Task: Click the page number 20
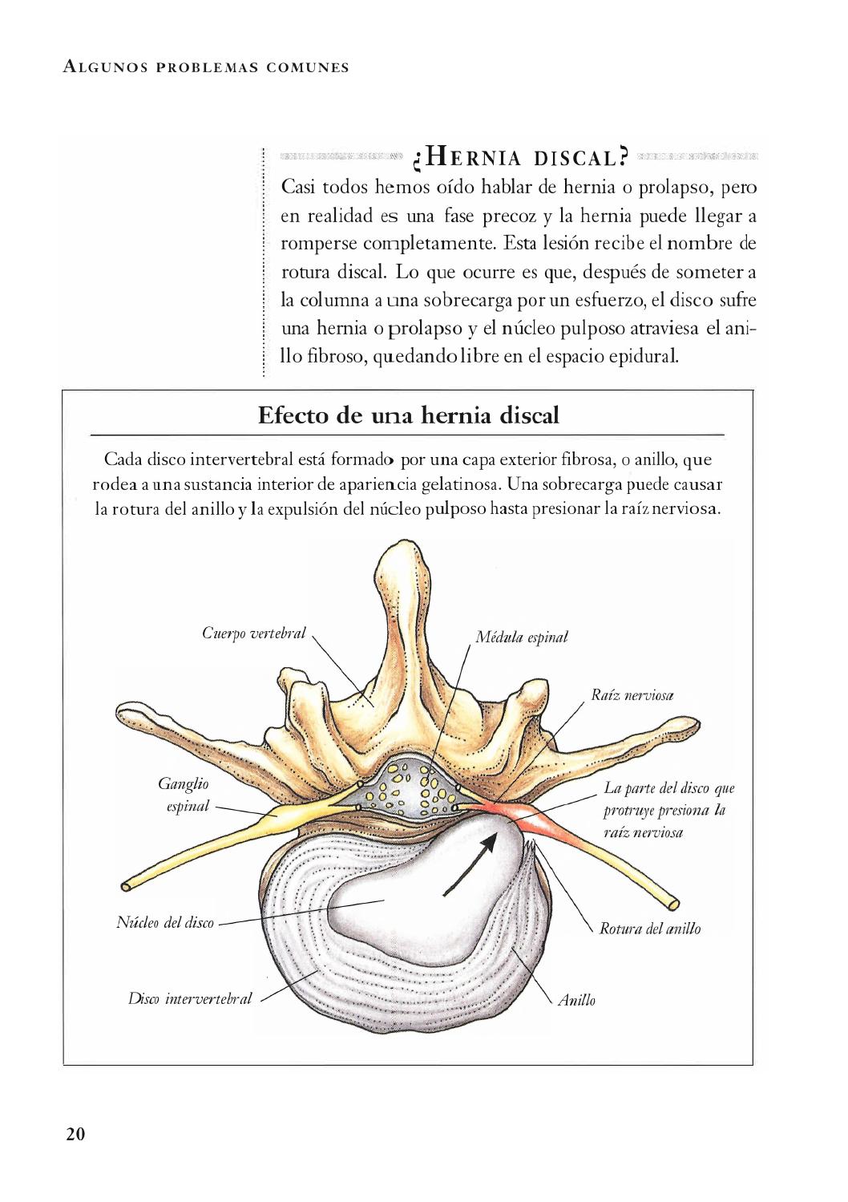[75, 1133]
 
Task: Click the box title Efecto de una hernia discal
[408, 415]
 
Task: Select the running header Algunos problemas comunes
[206, 67]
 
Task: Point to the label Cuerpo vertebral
[253, 633]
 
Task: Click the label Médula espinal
[521, 637]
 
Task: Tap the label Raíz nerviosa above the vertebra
[632, 695]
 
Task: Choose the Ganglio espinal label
[184, 795]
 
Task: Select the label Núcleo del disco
[166, 922]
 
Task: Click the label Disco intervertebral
[190, 998]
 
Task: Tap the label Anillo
[576, 1000]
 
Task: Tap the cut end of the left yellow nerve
[127, 885]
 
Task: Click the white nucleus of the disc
[401, 890]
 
